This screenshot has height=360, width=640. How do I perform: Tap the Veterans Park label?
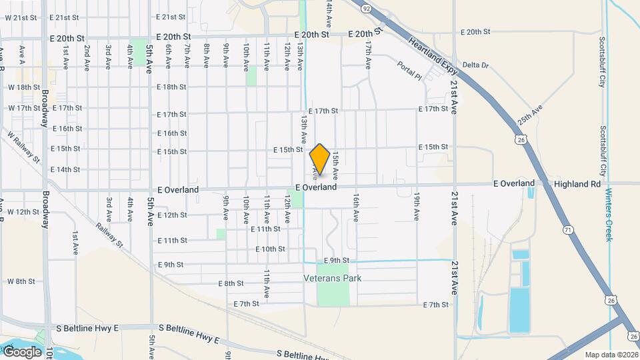(332, 278)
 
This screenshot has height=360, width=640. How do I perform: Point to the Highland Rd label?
(577, 183)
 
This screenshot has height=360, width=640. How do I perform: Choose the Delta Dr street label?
(475, 65)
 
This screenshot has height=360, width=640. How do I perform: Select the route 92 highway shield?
(366, 9)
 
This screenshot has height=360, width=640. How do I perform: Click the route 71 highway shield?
(568, 229)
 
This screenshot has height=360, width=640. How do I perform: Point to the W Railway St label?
(24, 147)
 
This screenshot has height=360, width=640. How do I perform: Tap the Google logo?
(22, 351)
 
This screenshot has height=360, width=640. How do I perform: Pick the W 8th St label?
(21, 281)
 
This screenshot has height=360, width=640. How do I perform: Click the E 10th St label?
(270, 249)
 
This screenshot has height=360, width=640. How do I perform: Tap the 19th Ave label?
(416, 207)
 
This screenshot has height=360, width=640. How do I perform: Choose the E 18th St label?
(172, 87)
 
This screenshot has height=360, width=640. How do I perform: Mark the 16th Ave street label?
(357, 208)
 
